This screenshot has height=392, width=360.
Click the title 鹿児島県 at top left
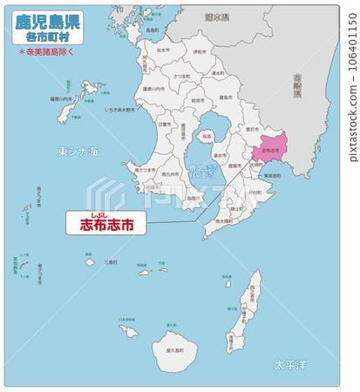(x=48, y=21)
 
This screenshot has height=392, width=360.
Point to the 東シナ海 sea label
(x=78, y=152)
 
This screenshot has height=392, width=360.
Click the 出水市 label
(x=163, y=51)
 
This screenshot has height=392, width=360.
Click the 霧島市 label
(x=225, y=98)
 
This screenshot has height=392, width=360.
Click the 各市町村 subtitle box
(x=49, y=38)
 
